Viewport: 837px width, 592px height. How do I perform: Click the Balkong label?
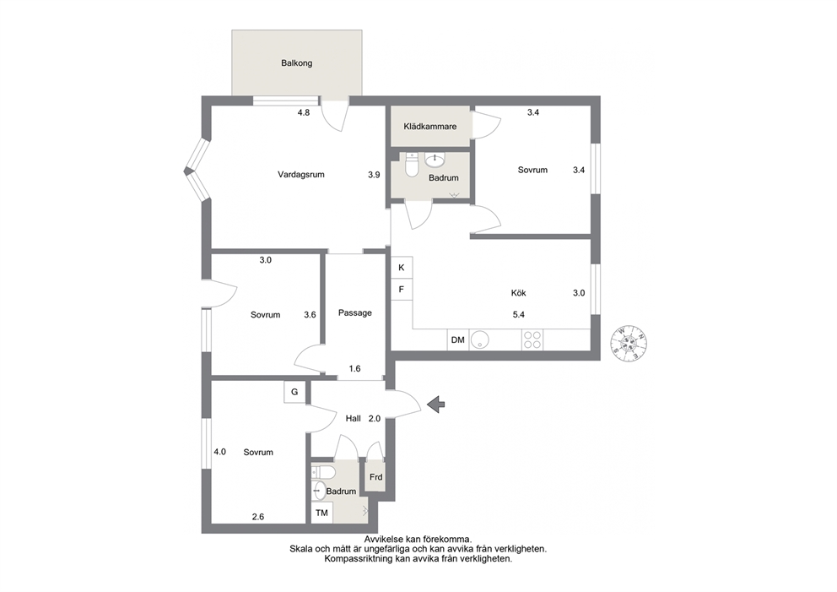pos(296,63)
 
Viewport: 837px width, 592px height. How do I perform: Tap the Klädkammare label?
pos(429,127)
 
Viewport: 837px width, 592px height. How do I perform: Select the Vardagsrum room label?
pos(301,174)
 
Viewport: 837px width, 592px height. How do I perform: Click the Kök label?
pos(518,293)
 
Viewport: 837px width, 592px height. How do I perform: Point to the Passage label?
pos(355,313)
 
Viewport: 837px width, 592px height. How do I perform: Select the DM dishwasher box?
pos(458,339)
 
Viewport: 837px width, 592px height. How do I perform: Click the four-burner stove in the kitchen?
pos(532,339)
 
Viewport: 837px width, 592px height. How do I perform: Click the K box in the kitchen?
pos(402,268)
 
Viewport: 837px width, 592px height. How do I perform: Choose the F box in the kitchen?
pos(402,289)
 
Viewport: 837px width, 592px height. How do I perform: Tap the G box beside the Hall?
pos(294,392)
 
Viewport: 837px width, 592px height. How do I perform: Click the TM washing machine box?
pos(321,513)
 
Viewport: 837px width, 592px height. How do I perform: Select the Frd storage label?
pos(375,477)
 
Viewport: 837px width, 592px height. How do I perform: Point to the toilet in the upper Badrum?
pos(412,165)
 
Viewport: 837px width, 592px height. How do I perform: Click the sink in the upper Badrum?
pos(436,160)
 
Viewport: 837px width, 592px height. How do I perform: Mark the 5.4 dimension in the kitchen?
pos(518,315)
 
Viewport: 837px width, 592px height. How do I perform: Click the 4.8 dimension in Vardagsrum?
pos(303,112)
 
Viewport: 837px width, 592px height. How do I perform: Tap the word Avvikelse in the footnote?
pos(381,540)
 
